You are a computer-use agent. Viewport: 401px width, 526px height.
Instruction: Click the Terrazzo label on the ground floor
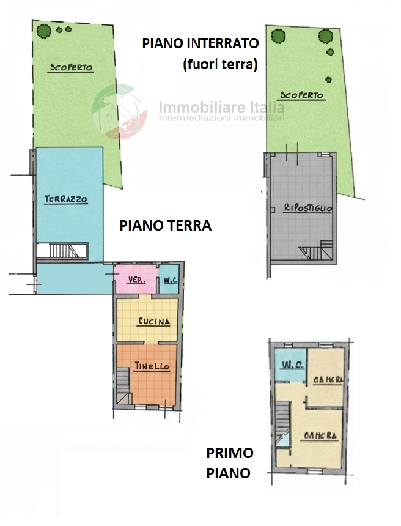tap(66, 199)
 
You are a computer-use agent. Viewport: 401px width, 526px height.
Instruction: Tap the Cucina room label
tap(154, 321)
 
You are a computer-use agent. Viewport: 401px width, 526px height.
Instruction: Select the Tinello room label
tap(152, 366)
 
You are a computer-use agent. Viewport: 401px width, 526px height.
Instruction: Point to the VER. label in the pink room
tap(137, 280)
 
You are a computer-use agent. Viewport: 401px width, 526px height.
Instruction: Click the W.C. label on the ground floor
tap(171, 280)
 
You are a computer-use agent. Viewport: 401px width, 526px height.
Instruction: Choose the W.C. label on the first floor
tap(293, 365)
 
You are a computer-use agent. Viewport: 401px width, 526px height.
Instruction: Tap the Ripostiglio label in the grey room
tap(308, 208)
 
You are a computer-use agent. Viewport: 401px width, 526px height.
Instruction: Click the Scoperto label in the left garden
tap(71, 67)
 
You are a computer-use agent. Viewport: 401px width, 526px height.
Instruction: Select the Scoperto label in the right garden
tap(302, 95)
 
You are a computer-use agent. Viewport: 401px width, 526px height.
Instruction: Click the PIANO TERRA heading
tap(165, 226)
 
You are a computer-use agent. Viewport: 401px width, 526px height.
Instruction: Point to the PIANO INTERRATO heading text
tap(200, 43)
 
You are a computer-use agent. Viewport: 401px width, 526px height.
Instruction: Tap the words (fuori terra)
tap(220, 64)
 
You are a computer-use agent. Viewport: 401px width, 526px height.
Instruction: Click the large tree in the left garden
tap(44, 31)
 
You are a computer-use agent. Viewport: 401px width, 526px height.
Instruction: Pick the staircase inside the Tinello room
tap(123, 386)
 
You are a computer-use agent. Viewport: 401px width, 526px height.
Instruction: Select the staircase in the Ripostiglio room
tap(315, 250)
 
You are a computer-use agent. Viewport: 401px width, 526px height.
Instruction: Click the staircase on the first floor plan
tap(282, 424)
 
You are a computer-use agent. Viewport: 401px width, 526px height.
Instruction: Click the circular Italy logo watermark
tap(119, 111)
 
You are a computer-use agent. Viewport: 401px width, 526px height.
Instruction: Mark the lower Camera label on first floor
tap(320, 435)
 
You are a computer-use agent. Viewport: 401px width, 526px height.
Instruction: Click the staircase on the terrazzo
tap(62, 251)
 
